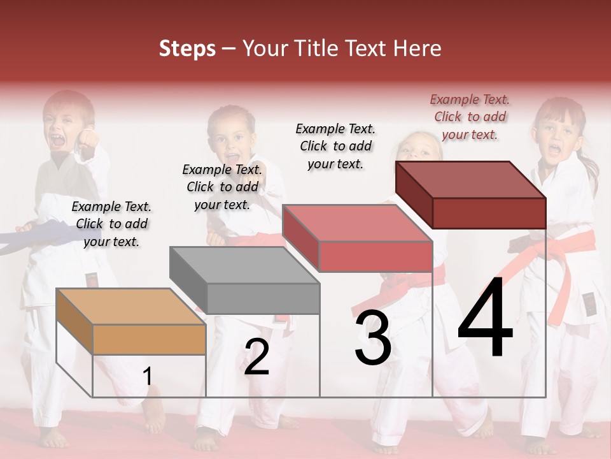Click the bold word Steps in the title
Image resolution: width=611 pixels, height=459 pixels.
pos(187,48)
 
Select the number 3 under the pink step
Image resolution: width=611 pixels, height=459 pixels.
pos(373,339)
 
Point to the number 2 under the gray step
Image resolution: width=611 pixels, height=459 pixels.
pos(256,357)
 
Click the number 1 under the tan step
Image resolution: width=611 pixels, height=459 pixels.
pos(147,377)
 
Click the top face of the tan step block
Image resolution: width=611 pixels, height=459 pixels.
pos(130,307)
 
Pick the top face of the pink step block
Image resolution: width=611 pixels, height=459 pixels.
pos(357,222)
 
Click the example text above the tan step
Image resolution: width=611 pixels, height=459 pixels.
pos(111,224)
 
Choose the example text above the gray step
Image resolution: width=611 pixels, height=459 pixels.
pos(222,187)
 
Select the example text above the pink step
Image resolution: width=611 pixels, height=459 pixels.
pos(335,146)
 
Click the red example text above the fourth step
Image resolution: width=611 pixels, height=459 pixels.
pos(470,117)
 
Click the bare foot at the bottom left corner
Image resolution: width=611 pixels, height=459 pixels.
pos(54,438)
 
